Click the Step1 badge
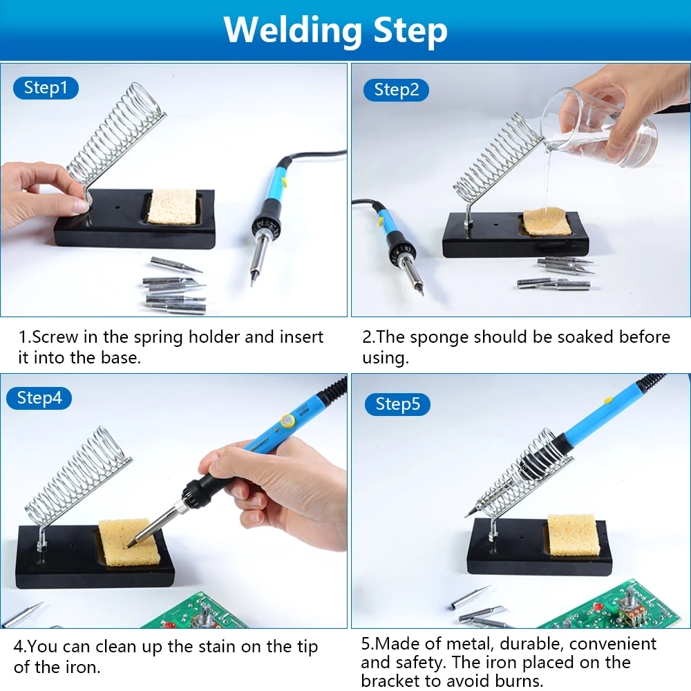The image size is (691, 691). [46, 88]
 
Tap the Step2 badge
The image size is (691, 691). [396, 90]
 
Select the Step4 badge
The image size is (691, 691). [39, 398]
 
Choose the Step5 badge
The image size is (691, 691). [397, 404]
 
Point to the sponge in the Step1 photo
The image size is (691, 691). [172, 207]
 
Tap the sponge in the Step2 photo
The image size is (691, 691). [547, 222]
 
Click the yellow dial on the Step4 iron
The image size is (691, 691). [287, 422]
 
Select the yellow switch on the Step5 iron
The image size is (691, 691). [608, 399]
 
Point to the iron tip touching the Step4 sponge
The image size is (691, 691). [128, 547]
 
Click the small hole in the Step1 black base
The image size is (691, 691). [117, 206]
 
